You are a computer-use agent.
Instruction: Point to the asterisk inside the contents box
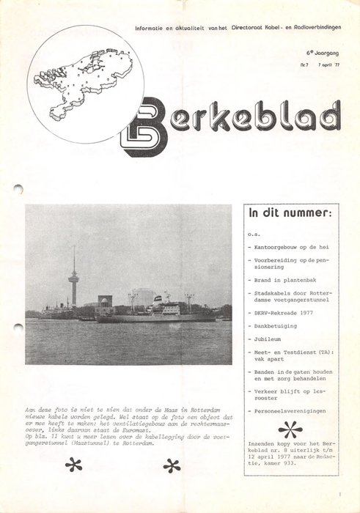(x=290, y=429)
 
